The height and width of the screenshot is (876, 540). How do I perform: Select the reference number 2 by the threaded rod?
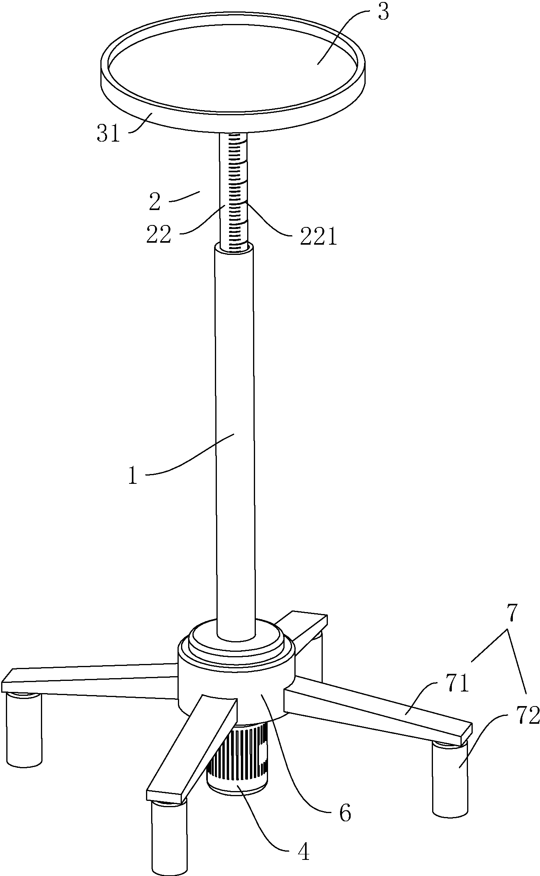coord(155,201)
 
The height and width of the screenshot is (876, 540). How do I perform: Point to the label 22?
coord(159,235)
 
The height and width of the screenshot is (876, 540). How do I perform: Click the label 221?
coord(318,237)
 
